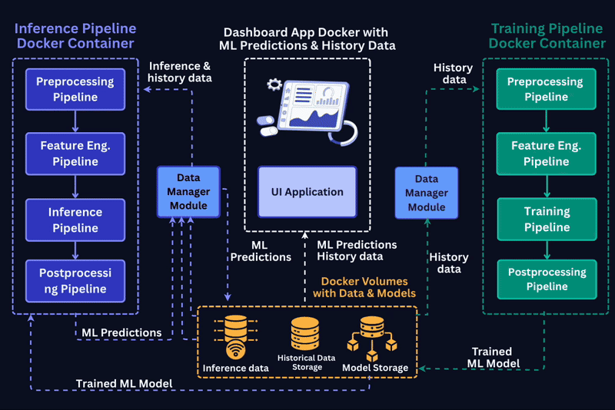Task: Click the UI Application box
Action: click(307, 192)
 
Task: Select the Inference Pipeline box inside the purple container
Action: click(75, 220)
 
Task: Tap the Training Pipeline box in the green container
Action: click(547, 219)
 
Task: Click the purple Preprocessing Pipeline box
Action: click(75, 89)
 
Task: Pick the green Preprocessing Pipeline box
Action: click(547, 89)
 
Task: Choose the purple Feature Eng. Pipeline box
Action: click(75, 154)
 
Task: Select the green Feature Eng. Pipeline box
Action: click(547, 153)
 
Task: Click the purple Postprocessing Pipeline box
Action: click(75, 281)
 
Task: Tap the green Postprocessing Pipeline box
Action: click(547, 279)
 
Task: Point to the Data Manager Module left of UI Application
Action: click(188, 191)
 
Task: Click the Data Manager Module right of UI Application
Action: click(427, 193)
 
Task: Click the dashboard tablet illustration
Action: click(307, 108)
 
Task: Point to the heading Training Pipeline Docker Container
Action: click(547, 36)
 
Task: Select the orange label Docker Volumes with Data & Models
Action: click(364, 287)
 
